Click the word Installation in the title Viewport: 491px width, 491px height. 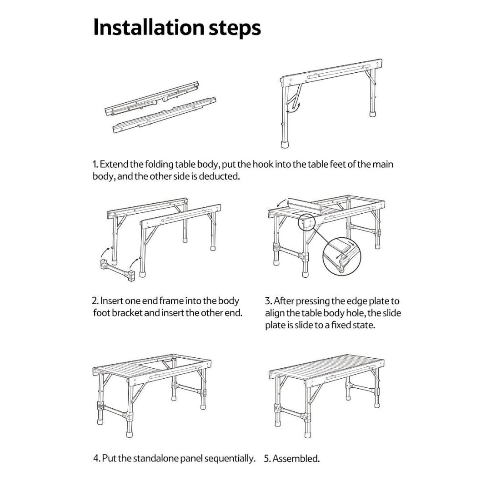[149, 28]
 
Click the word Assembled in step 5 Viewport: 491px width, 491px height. [296, 459]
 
